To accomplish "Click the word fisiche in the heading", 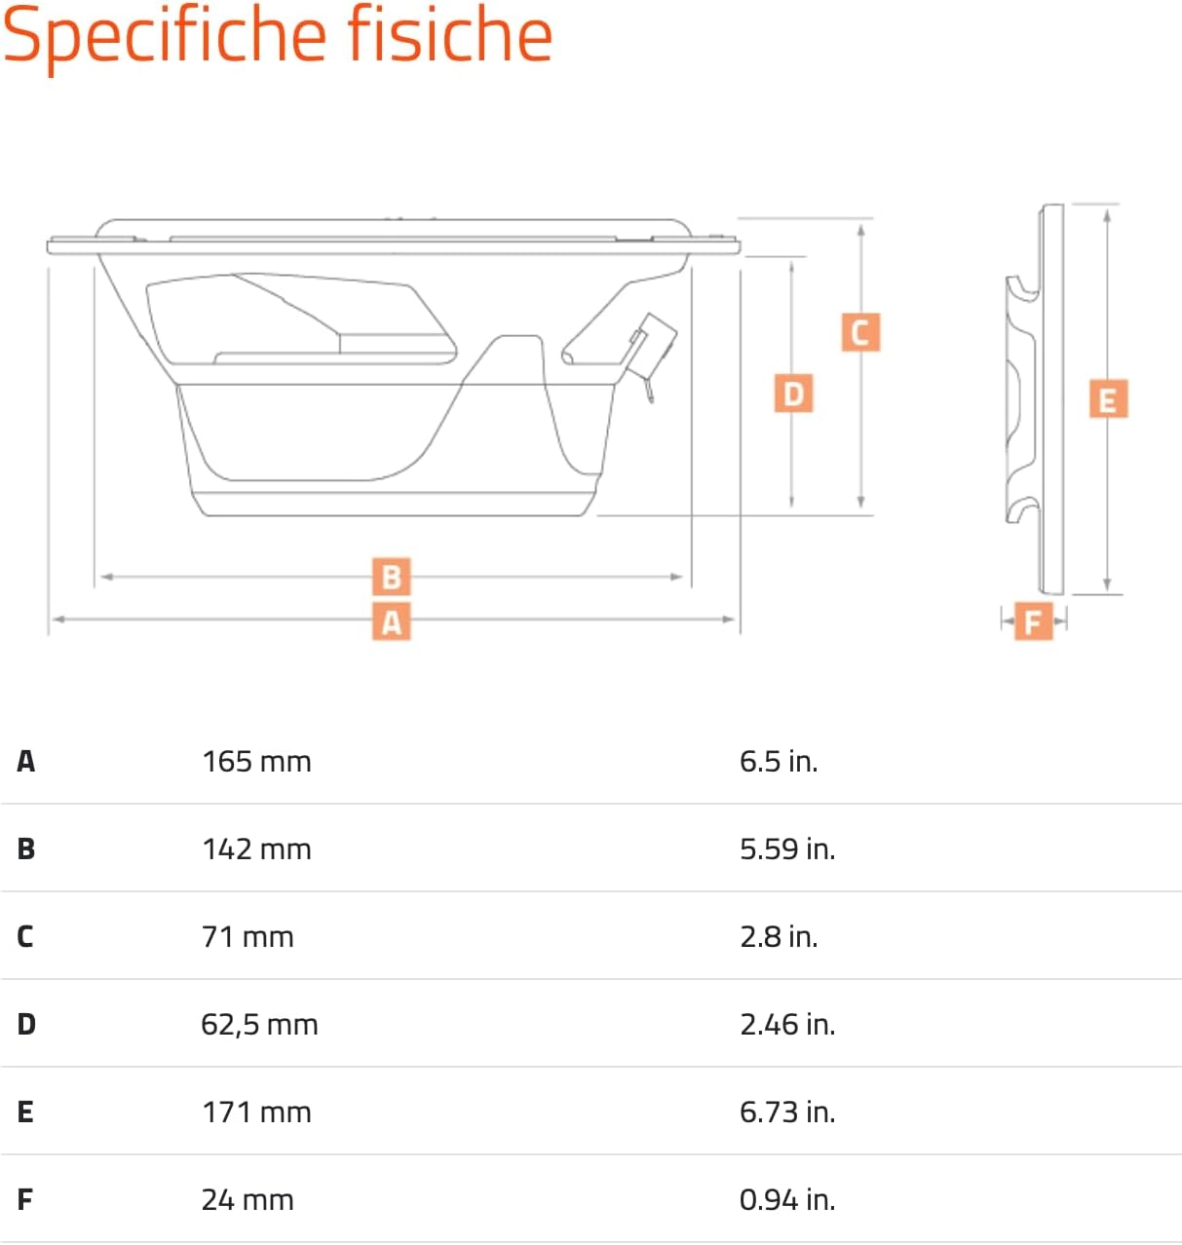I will pos(450,34).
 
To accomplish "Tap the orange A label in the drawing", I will pos(392,621).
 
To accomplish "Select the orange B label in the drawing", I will pos(392,577).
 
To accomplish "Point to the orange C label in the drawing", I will pos(860,332).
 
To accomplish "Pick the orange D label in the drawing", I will pos(793,394).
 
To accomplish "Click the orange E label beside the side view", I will pos(1108,399).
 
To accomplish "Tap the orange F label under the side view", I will pos(1033,621).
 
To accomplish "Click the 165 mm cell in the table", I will pos(256,761).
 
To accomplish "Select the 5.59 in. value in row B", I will pos(787,849).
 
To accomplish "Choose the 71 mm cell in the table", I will pos(248,936).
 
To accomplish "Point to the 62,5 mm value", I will pos(259,1024).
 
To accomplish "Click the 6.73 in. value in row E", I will pos(787,1112).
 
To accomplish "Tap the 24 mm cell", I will pos(248,1199).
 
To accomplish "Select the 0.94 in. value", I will pos(787,1199).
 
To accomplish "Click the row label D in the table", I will pos(26,1024).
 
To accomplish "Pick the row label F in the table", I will pos(25,1199).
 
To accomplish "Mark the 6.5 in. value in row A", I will pos(779,761).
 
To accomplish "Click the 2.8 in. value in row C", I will pos(779,936).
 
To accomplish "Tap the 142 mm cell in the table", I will pos(256,849).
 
